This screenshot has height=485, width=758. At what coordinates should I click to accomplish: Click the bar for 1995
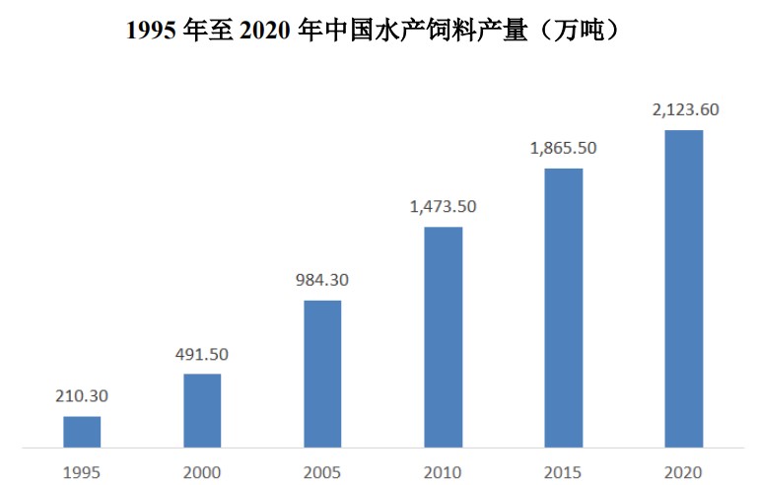[82, 432]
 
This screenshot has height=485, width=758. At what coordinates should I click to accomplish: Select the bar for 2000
[202, 411]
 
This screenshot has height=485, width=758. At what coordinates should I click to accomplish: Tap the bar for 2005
[322, 374]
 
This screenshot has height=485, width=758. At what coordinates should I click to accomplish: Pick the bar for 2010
[443, 337]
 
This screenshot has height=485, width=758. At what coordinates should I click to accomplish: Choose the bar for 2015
[563, 308]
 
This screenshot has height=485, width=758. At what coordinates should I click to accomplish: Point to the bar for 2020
[684, 289]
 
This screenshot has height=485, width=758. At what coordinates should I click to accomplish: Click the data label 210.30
[82, 397]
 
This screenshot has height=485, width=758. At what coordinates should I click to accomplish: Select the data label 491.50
[202, 355]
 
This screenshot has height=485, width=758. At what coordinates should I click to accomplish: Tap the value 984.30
[322, 281]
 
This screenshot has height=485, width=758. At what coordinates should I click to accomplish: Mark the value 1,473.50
[443, 207]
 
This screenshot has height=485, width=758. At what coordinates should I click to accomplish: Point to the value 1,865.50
[563, 149]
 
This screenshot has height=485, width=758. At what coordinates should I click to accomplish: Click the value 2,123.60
[684, 110]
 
